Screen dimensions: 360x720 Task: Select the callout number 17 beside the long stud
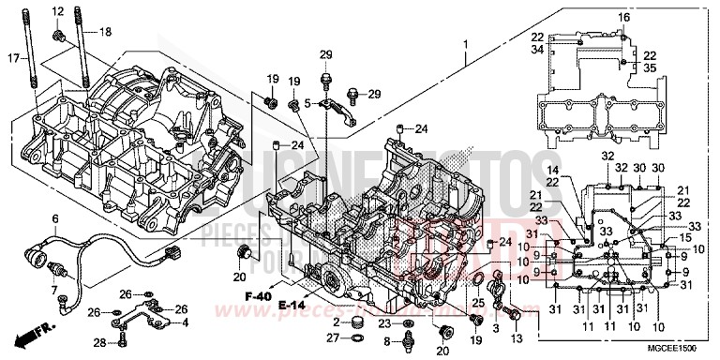(x=12, y=59)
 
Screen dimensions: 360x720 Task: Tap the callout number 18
(x=105, y=33)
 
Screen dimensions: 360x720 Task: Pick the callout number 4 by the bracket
(x=184, y=322)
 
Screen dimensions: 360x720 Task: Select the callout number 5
(x=307, y=104)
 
